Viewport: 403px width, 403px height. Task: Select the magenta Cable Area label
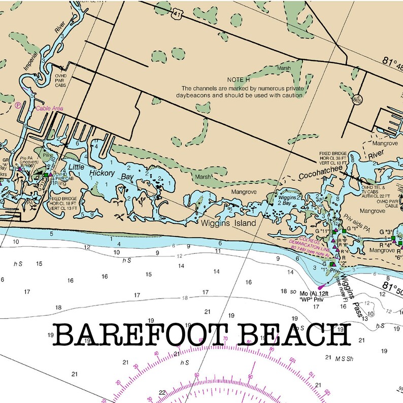[49, 108]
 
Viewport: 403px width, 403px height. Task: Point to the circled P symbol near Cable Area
[18, 106]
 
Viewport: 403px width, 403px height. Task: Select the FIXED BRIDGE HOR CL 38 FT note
[333, 158]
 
